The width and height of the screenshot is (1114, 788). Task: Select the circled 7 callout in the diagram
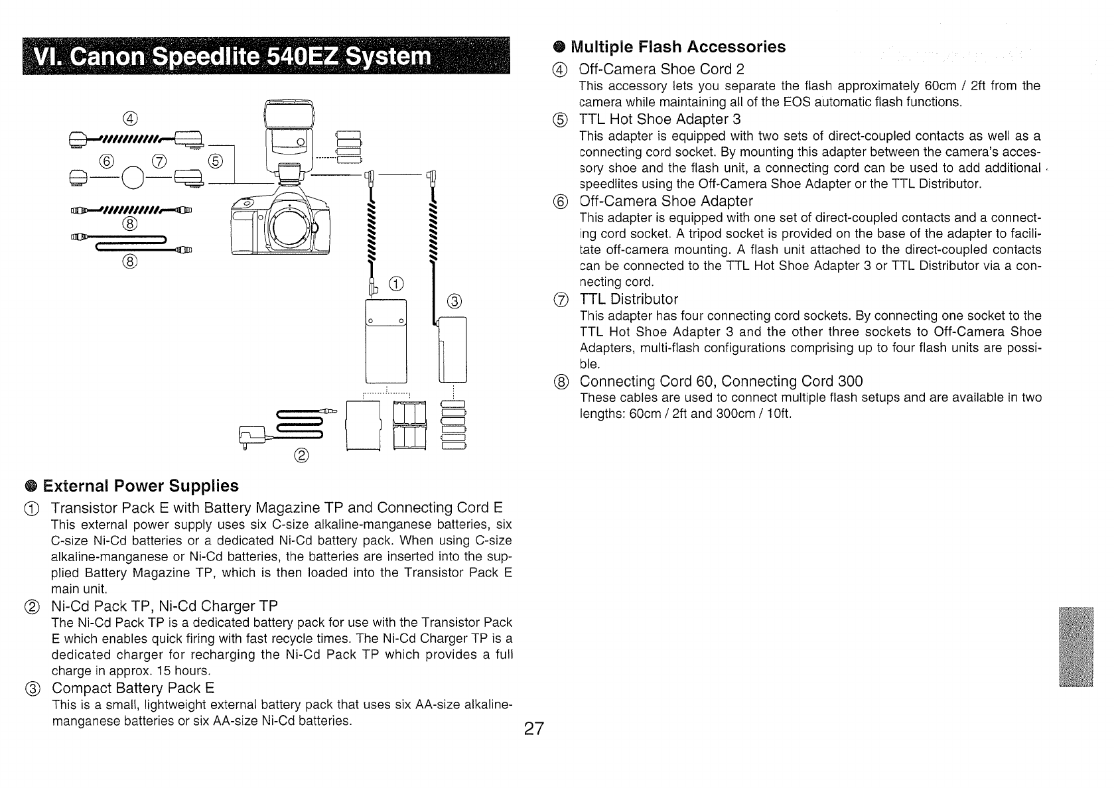click(x=159, y=159)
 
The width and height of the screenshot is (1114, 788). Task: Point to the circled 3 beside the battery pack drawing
click(x=454, y=301)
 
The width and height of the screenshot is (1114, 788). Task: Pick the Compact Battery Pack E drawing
click(x=453, y=350)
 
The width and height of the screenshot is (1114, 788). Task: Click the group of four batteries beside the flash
click(x=349, y=146)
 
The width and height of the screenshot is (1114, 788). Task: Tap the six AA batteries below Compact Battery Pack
click(x=454, y=426)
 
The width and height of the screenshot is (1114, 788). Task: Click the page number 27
click(x=533, y=730)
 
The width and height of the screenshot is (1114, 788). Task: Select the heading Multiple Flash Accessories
click(x=678, y=47)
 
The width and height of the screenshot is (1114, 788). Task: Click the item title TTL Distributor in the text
click(x=628, y=299)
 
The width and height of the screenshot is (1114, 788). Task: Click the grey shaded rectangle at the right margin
click(x=1075, y=647)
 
